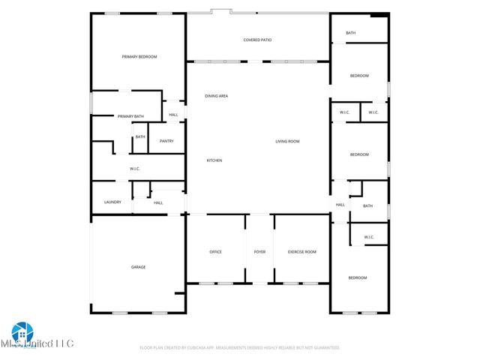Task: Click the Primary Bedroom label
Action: click(139, 57)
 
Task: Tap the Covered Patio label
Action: click(256, 40)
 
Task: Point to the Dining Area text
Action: click(217, 96)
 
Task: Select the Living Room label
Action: click(287, 141)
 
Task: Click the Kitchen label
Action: click(214, 160)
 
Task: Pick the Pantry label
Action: click(166, 141)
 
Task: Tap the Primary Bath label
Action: click(130, 116)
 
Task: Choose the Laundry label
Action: click(112, 202)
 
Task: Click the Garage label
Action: click(139, 267)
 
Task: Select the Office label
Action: click(215, 252)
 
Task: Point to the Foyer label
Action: click(259, 252)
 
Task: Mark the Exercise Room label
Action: click(302, 252)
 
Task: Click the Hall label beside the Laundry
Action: click(158, 202)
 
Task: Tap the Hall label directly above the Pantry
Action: click(173, 115)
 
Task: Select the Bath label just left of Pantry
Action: click(140, 136)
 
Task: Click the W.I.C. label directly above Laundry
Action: click(135, 169)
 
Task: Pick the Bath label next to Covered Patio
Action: click(350, 33)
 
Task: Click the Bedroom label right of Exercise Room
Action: click(358, 278)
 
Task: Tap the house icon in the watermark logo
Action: click(20, 332)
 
